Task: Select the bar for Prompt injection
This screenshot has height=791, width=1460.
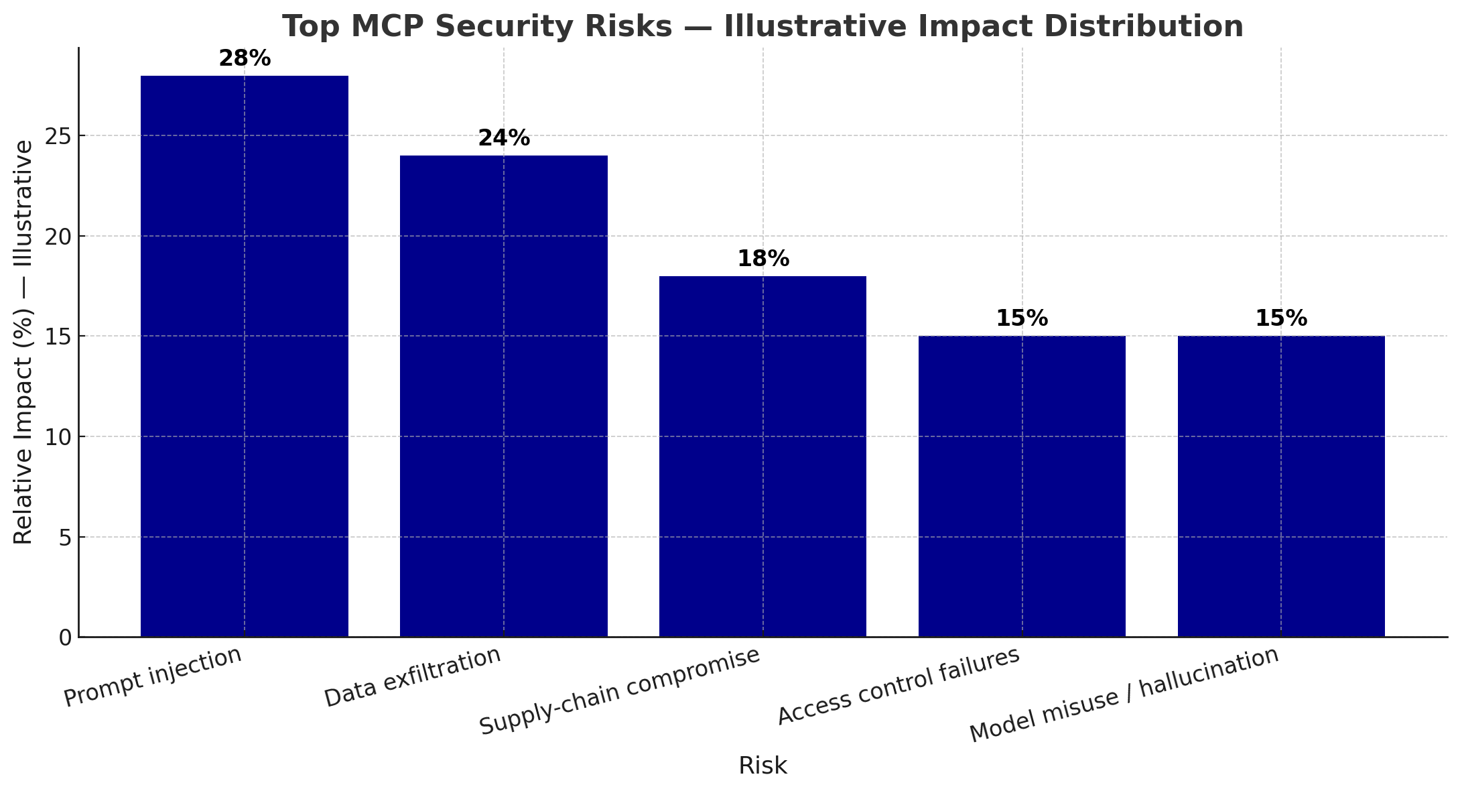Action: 244,356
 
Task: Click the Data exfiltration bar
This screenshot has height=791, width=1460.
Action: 503,396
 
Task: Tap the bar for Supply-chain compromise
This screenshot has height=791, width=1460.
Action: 762,457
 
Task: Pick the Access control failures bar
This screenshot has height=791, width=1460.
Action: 1022,486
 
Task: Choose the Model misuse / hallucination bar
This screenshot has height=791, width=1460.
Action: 1281,486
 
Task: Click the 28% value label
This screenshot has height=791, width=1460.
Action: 245,59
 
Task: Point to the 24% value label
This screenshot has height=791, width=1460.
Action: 504,139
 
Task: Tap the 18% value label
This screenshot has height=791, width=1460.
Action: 763,259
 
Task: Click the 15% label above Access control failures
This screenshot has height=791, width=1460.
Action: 1022,319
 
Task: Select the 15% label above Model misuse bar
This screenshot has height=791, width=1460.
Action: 1281,319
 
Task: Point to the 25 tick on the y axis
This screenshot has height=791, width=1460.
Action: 59,136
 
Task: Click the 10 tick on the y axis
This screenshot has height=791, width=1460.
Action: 59,437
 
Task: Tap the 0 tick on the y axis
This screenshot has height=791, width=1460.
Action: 65,637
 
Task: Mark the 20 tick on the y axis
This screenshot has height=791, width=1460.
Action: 59,237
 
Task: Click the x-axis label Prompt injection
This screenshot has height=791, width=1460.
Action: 153,677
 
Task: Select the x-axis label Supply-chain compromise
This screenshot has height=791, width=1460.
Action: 620,692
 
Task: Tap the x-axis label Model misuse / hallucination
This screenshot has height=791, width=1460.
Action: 1124,695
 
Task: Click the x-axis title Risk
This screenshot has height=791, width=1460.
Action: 762,766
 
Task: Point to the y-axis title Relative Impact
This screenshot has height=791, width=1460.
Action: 23,342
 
